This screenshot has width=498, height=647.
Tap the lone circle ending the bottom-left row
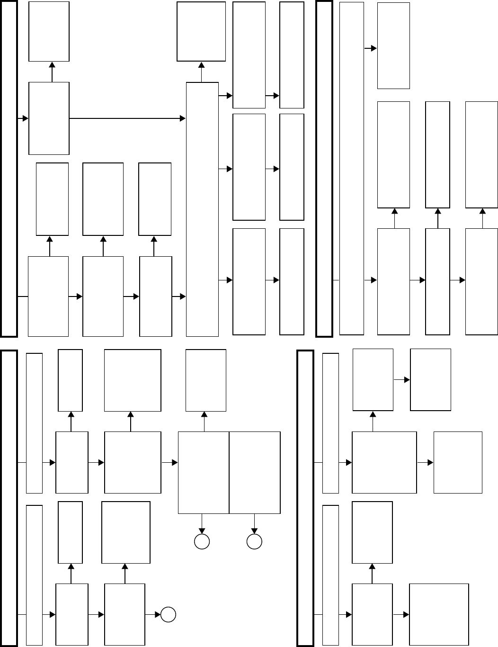click(x=168, y=615)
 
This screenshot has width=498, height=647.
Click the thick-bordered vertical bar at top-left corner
click(x=9, y=168)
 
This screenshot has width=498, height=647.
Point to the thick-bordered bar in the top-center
click(x=324, y=168)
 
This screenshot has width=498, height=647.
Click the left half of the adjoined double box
click(x=204, y=472)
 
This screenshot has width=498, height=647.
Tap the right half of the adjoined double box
click(x=255, y=472)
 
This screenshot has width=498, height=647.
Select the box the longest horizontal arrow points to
click(x=203, y=208)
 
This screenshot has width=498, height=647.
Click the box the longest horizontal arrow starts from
click(x=49, y=118)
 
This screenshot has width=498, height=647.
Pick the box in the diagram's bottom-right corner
click(x=439, y=614)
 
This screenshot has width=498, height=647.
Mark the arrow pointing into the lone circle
click(x=153, y=615)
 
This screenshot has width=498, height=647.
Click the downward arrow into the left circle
click(x=202, y=524)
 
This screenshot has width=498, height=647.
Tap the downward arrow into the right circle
click(x=255, y=524)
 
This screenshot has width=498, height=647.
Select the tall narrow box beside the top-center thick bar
click(x=352, y=168)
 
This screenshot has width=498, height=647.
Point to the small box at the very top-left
click(x=49, y=31)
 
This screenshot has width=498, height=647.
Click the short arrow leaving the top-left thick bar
click(x=23, y=118)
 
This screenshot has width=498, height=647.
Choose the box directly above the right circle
click(x=255, y=472)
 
